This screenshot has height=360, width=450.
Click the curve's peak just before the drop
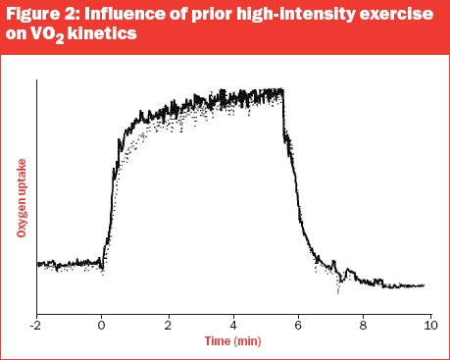[x=281, y=90]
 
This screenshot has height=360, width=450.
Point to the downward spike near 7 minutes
[x=338, y=286]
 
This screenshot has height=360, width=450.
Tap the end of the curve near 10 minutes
[x=424, y=285]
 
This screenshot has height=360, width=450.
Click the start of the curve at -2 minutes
[x=38, y=264]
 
